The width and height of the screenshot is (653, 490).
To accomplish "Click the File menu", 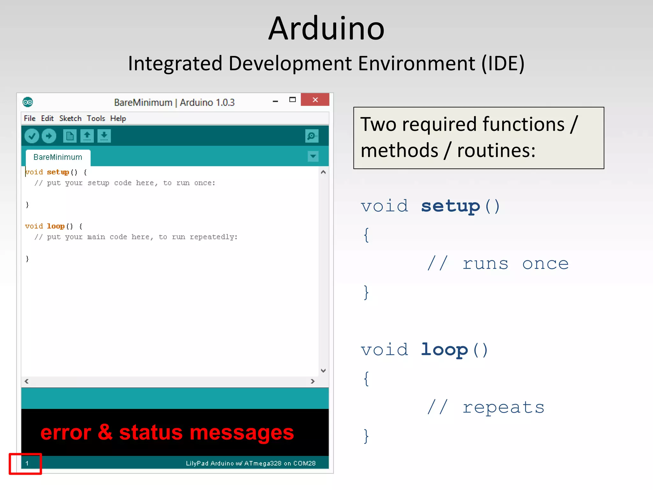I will pyautogui.click(x=30, y=118).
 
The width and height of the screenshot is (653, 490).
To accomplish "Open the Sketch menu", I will pyautogui.click(x=70, y=118).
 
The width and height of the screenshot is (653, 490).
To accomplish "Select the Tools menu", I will pyautogui.click(x=96, y=118).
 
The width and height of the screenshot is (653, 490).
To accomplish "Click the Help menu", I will pyautogui.click(x=118, y=118).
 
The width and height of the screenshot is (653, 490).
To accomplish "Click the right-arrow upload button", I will pyautogui.click(x=49, y=136).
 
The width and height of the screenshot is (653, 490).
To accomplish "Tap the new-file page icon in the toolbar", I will pyautogui.click(x=70, y=136).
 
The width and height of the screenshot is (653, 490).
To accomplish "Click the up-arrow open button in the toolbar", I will pyautogui.click(x=87, y=136).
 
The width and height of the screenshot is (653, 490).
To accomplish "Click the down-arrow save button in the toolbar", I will pyautogui.click(x=104, y=136).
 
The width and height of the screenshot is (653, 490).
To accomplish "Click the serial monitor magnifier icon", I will pyautogui.click(x=312, y=136).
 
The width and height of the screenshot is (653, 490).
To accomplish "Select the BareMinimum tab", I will pyautogui.click(x=58, y=157).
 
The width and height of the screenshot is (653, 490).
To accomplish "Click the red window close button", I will pyautogui.click(x=315, y=100).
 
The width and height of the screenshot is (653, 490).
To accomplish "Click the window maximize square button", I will pyautogui.click(x=292, y=100).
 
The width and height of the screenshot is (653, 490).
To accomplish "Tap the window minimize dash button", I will pyautogui.click(x=275, y=101).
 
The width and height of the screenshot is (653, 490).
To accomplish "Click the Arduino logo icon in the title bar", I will pyautogui.click(x=28, y=102).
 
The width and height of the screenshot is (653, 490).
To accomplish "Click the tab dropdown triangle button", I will pyautogui.click(x=313, y=156).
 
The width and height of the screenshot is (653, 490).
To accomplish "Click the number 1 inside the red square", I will pyautogui.click(x=27, y=463).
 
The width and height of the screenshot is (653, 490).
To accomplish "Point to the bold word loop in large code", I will pyautogui.click(x=444, y=350).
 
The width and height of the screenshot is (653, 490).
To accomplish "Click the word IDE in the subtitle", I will pyautogui.click(x=503, y=63).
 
